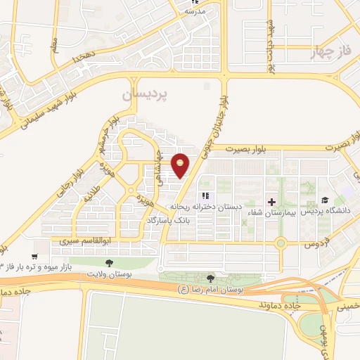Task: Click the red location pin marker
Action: pos(181,164)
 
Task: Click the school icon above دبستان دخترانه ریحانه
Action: pos(205,196)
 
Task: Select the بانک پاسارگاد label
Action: pos(169,221)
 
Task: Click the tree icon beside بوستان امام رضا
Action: pos(212,279)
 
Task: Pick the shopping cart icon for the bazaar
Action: pos(35,257)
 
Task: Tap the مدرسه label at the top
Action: pos(194,12)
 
